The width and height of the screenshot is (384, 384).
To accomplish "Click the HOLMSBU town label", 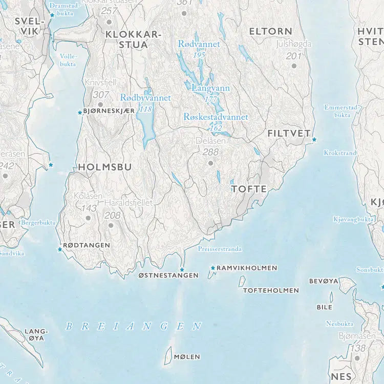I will (x=104, y=167).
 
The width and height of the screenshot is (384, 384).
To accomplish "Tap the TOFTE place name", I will (x=249, y=189).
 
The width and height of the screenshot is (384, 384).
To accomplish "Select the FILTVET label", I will (x=289, y=134).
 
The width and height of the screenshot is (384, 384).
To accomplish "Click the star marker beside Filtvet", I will (x=314, y=139).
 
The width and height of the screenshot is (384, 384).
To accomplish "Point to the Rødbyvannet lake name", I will (x=145, y=98).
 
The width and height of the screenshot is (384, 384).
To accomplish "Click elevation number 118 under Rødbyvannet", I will (x=146, y=109).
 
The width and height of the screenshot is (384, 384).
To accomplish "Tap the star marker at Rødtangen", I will (x=60, y=249).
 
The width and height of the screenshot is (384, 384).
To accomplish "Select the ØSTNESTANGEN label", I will (x=168, y=275).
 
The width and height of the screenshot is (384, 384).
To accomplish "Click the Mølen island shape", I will (x=167, y=355).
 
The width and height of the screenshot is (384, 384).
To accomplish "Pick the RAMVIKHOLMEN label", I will (x=246, y=268).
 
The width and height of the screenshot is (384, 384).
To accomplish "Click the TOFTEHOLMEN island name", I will (x=271, y=290).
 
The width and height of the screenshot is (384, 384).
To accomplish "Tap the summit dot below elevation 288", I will (x=210, y=163).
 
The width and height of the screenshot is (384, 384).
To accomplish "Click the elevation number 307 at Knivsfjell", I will (x=101, y=95).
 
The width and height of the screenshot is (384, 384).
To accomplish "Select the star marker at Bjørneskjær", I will (x=79, y=112).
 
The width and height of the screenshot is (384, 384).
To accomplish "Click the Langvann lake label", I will (x=210, y=88).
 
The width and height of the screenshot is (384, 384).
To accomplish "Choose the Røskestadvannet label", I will (x=216, y=117).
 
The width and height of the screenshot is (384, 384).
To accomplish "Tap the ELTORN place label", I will (x=270, y=32).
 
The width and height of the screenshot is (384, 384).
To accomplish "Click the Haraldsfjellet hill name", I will (x=129, y=203).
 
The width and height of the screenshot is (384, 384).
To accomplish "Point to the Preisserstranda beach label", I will (x=220, y=249).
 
